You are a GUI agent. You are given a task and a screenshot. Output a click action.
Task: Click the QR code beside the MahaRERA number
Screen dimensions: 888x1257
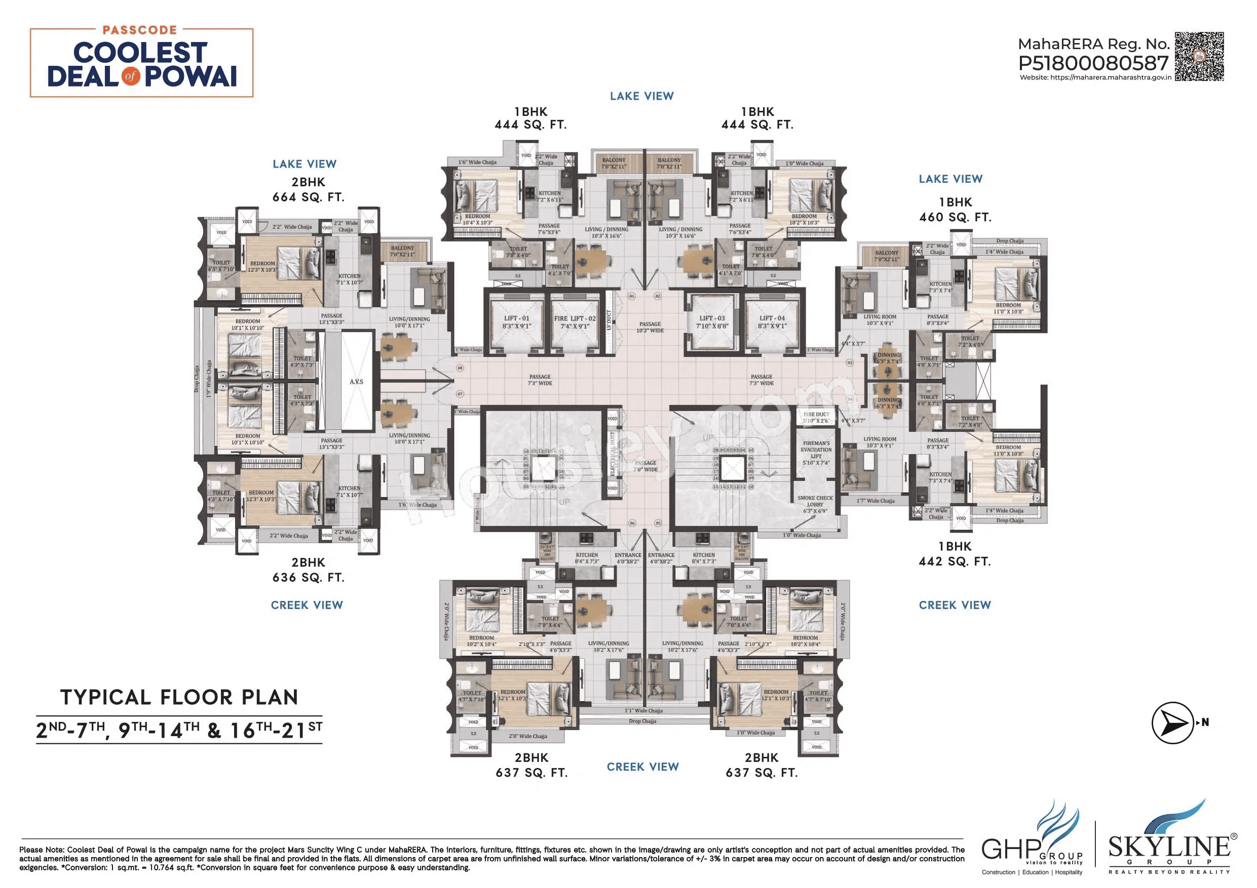pos(1198,56)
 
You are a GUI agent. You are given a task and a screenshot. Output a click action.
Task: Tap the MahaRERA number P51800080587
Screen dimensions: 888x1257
pos(1093,63)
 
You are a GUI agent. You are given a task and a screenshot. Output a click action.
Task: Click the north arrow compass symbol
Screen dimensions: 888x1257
pos(1173,723)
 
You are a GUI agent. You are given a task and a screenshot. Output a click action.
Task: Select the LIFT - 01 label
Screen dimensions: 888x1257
pos(516,321)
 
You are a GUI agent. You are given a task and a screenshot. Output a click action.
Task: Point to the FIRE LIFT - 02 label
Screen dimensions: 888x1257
pos(575,321)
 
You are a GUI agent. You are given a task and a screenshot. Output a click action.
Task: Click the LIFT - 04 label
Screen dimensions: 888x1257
pos(772,321)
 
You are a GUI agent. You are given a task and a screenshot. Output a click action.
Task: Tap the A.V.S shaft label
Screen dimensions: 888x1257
pos(356,381)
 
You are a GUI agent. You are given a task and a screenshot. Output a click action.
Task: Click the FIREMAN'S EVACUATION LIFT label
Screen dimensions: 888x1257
pos(816,453)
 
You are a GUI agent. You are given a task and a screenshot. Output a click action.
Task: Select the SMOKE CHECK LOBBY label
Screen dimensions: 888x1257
pos(815,504)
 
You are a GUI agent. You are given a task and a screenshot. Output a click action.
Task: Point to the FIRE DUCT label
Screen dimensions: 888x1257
pos(816,417)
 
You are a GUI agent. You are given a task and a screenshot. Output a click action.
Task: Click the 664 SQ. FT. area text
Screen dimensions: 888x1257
pos(308,197)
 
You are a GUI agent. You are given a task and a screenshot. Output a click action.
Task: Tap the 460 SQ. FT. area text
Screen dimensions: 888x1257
pos(955,217)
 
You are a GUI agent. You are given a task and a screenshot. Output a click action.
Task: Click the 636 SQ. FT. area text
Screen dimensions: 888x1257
pos(308,577)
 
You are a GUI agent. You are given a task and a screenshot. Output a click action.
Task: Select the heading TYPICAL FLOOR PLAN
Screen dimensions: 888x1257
pos(179,697)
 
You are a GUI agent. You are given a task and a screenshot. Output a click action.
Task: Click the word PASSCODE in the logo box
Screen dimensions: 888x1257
pos(140,30)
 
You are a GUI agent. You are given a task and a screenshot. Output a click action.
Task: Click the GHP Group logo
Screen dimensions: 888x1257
pos(1032,840)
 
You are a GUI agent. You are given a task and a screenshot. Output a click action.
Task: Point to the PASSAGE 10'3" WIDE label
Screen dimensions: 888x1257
pos(650,327)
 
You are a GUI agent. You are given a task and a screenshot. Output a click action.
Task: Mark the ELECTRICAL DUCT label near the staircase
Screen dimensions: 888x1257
pos(613,454)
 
